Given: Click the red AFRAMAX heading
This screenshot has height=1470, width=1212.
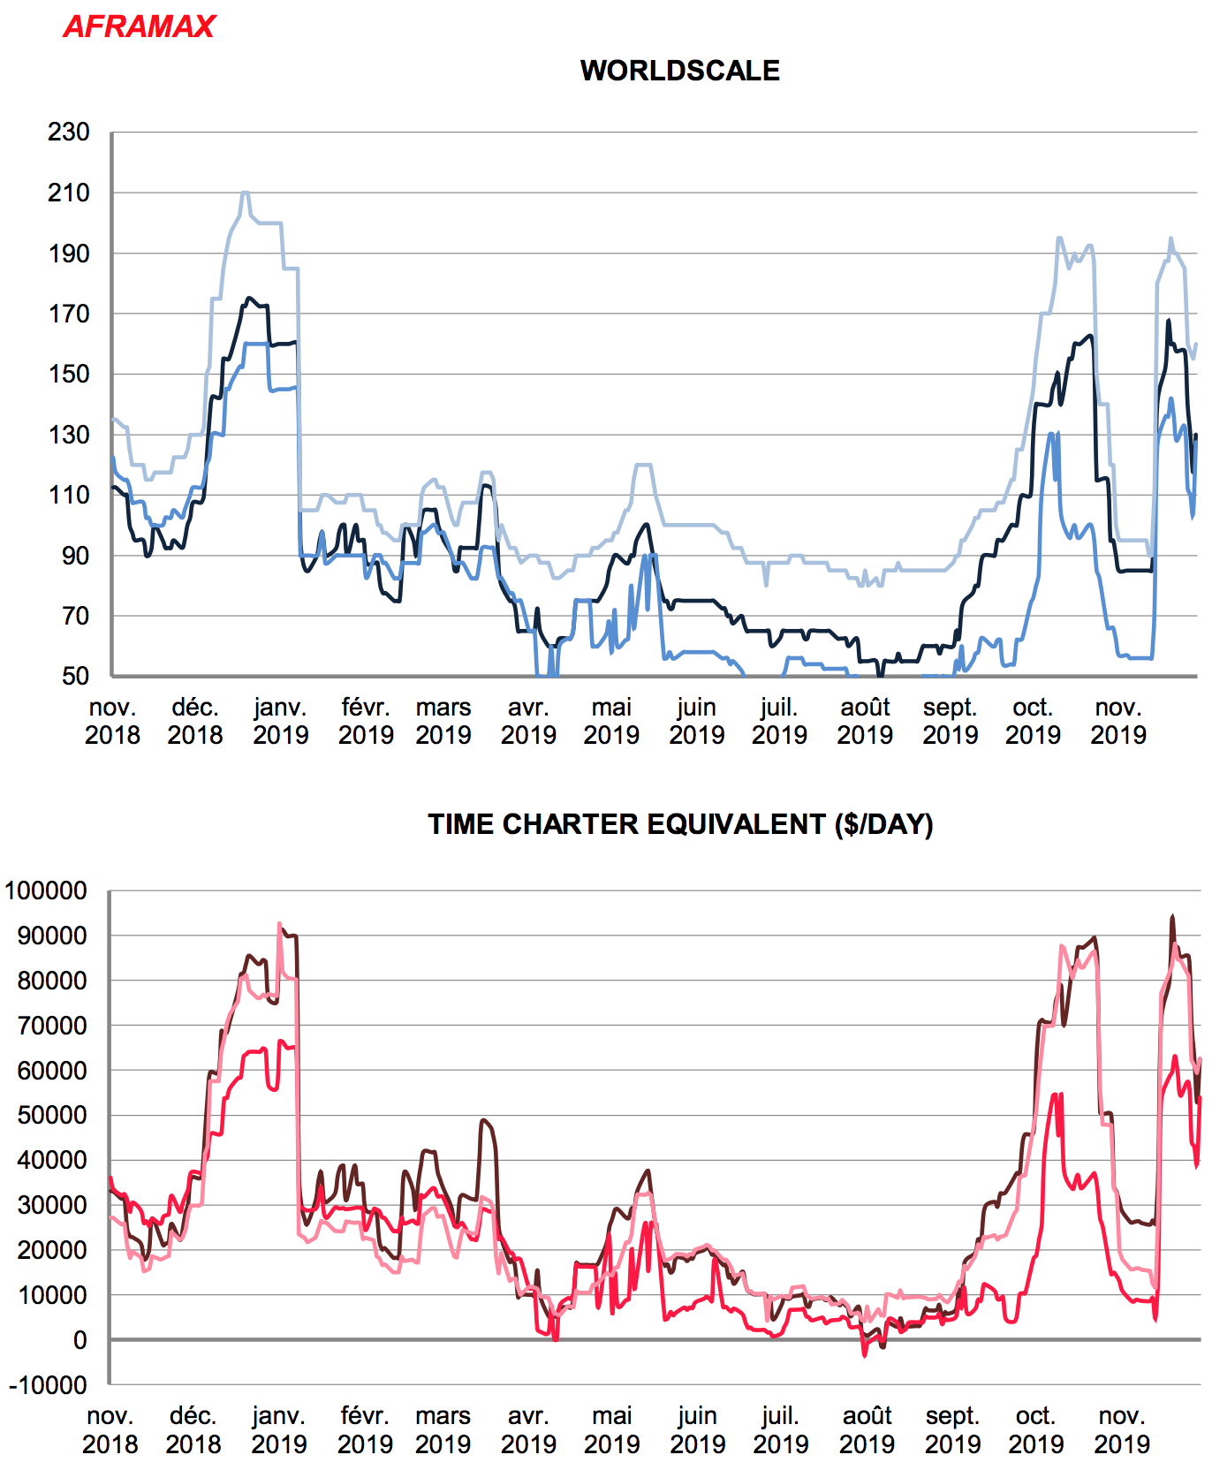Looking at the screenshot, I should point(139,27).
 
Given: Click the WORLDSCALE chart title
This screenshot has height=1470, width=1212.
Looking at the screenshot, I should point(679,71).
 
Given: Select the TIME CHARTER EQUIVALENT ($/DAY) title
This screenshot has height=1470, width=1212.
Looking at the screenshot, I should point(680,824).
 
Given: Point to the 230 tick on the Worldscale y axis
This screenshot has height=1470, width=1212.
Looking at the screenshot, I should point(69,133).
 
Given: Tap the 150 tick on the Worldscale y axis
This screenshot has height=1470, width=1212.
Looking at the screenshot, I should point(69,374).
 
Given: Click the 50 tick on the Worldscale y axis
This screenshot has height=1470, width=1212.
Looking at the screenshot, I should point(75,676).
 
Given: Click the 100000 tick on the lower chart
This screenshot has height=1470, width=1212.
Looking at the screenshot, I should point(46,890).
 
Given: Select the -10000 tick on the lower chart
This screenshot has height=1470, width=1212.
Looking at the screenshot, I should point(49,1385).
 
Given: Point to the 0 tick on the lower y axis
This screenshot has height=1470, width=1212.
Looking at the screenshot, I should point(80,1340).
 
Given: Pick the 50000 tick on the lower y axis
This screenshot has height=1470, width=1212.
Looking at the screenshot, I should point(52,1115).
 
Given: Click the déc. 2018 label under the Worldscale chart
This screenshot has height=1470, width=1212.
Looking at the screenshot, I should point(195,721).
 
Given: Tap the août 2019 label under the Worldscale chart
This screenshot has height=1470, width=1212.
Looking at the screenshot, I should point(865,721).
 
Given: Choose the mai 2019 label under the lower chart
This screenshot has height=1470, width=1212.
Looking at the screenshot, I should point(611,1429).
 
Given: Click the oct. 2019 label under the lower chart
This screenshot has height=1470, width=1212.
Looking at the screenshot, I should point(1035,1429).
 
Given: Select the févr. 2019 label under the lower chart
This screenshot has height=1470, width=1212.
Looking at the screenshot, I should point(365,1429).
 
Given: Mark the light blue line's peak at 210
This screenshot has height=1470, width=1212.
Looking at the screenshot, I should point(245,193).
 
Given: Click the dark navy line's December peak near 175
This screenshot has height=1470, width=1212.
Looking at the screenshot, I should point(249,299).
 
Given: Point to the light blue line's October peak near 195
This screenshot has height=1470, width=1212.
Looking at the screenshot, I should point(1059,239).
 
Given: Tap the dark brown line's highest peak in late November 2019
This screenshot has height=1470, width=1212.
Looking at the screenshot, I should point(1172,917).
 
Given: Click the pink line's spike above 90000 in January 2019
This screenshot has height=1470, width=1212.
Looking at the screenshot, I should point(279,924).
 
